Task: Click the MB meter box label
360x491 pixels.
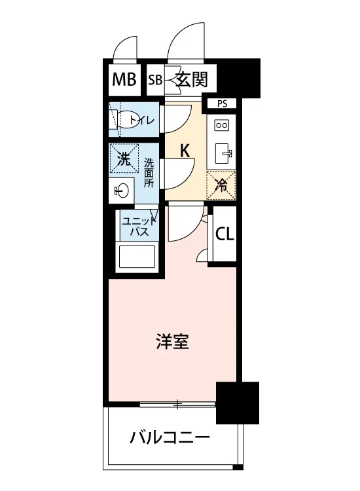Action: pos(124,80)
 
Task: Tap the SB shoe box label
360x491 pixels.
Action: pos(154,81)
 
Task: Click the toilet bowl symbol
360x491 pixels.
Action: pos(120,120)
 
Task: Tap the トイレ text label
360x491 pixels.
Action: pos(142,120)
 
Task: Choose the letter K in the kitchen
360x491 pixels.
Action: pos(185,150)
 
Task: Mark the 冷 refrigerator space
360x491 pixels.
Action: pos(222,184)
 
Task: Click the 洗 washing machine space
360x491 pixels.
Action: pos(124,158)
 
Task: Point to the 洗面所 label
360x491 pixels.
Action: pos(149,173)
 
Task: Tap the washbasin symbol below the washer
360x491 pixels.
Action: pos(122,191)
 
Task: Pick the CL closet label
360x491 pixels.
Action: pos(225,234)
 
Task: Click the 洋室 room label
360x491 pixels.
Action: pos(173,341)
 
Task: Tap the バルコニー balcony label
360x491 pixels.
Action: pos(169,437)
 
